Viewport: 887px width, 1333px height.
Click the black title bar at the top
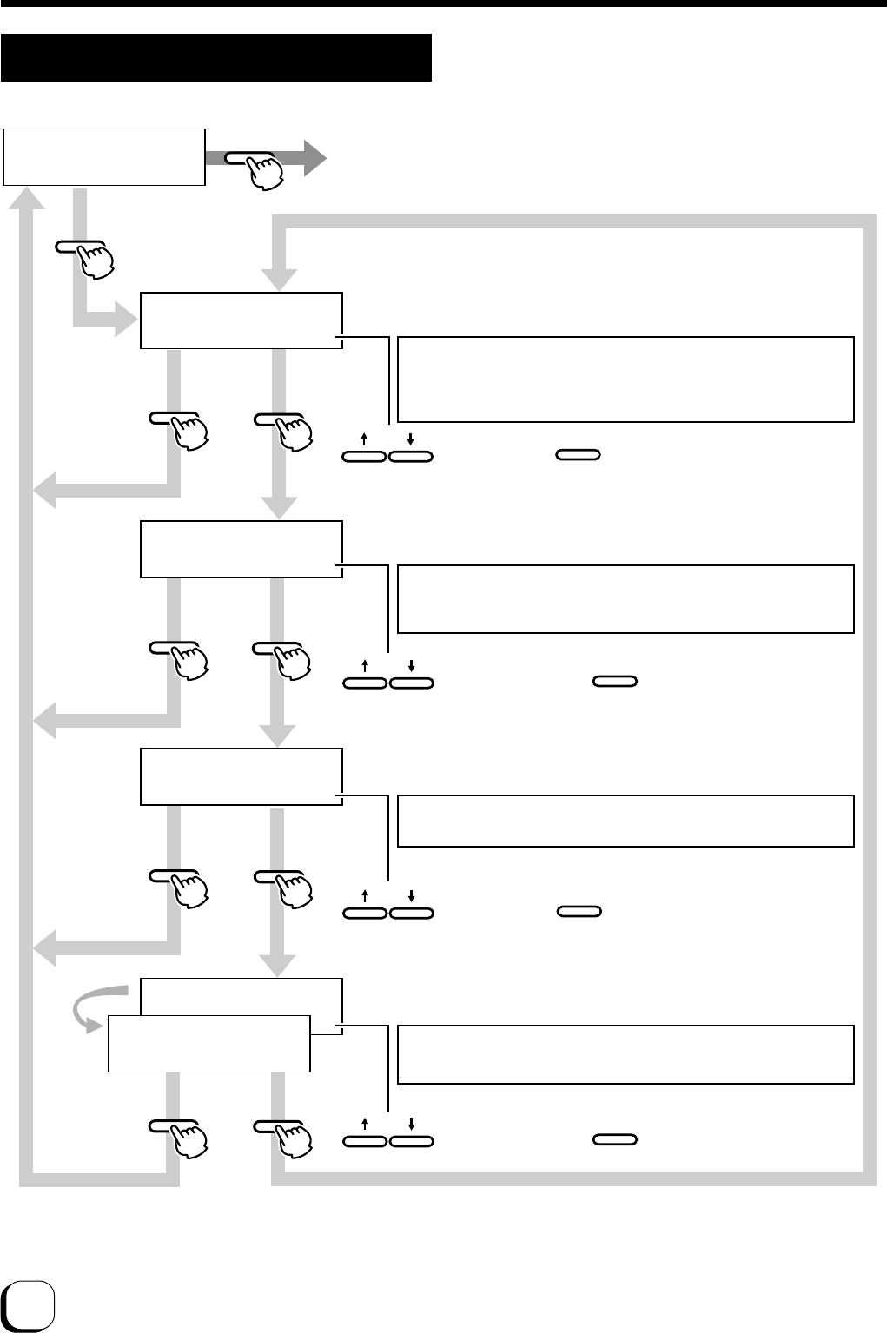point(216,57)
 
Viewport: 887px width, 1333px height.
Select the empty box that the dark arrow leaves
point(104,157)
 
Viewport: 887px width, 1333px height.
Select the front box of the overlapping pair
point(209,1043)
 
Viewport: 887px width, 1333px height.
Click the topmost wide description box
point(626,379)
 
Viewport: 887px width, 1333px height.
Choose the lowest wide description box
point(626,1054)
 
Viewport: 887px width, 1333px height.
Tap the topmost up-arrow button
point(364,455)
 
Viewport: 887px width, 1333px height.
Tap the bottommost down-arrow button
point(411,1140)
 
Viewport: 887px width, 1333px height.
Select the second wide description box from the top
point(626,599)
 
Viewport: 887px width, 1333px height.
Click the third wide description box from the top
point(626,821)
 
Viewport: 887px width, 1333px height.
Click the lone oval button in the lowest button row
point(615,1139)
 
